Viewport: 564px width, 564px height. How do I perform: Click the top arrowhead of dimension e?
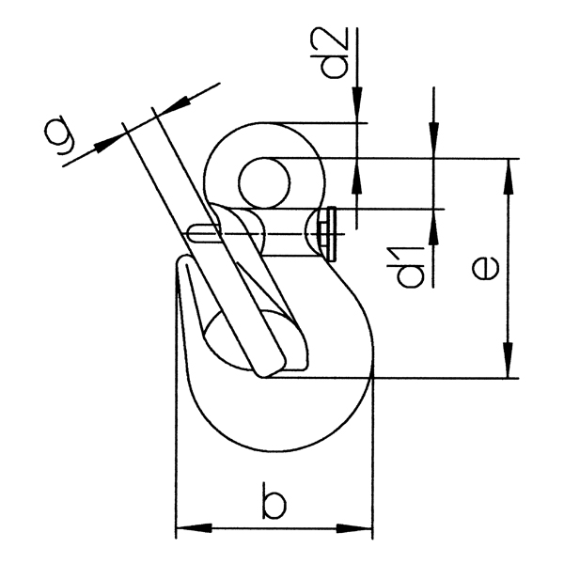point(509,170)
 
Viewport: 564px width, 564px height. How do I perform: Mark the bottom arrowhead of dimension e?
point(509,367)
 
